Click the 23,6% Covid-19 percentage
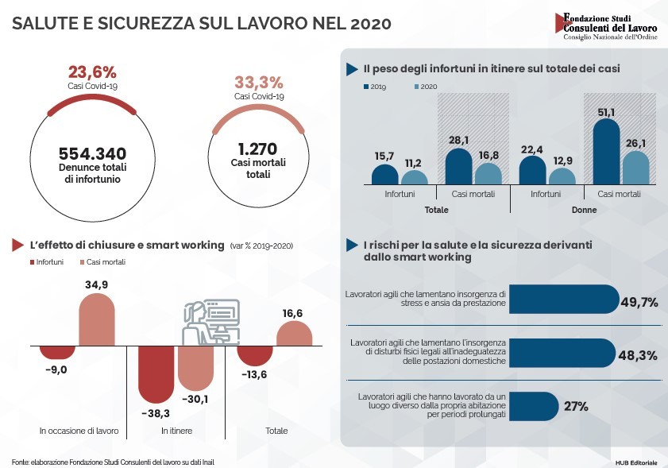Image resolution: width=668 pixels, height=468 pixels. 92,72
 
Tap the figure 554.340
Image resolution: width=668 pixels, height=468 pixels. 92,154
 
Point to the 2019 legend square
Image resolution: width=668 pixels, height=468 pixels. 365,86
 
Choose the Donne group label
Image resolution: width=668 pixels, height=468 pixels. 584,210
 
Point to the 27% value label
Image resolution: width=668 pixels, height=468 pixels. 576,407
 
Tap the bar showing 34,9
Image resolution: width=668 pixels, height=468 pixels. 96,320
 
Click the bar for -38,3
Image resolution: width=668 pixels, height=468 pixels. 156,373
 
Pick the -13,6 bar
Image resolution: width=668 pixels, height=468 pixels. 254,357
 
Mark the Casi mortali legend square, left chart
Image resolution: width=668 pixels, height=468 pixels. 82,262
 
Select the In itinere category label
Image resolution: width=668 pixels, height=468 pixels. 177,431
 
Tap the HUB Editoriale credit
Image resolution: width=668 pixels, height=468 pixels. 635,462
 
